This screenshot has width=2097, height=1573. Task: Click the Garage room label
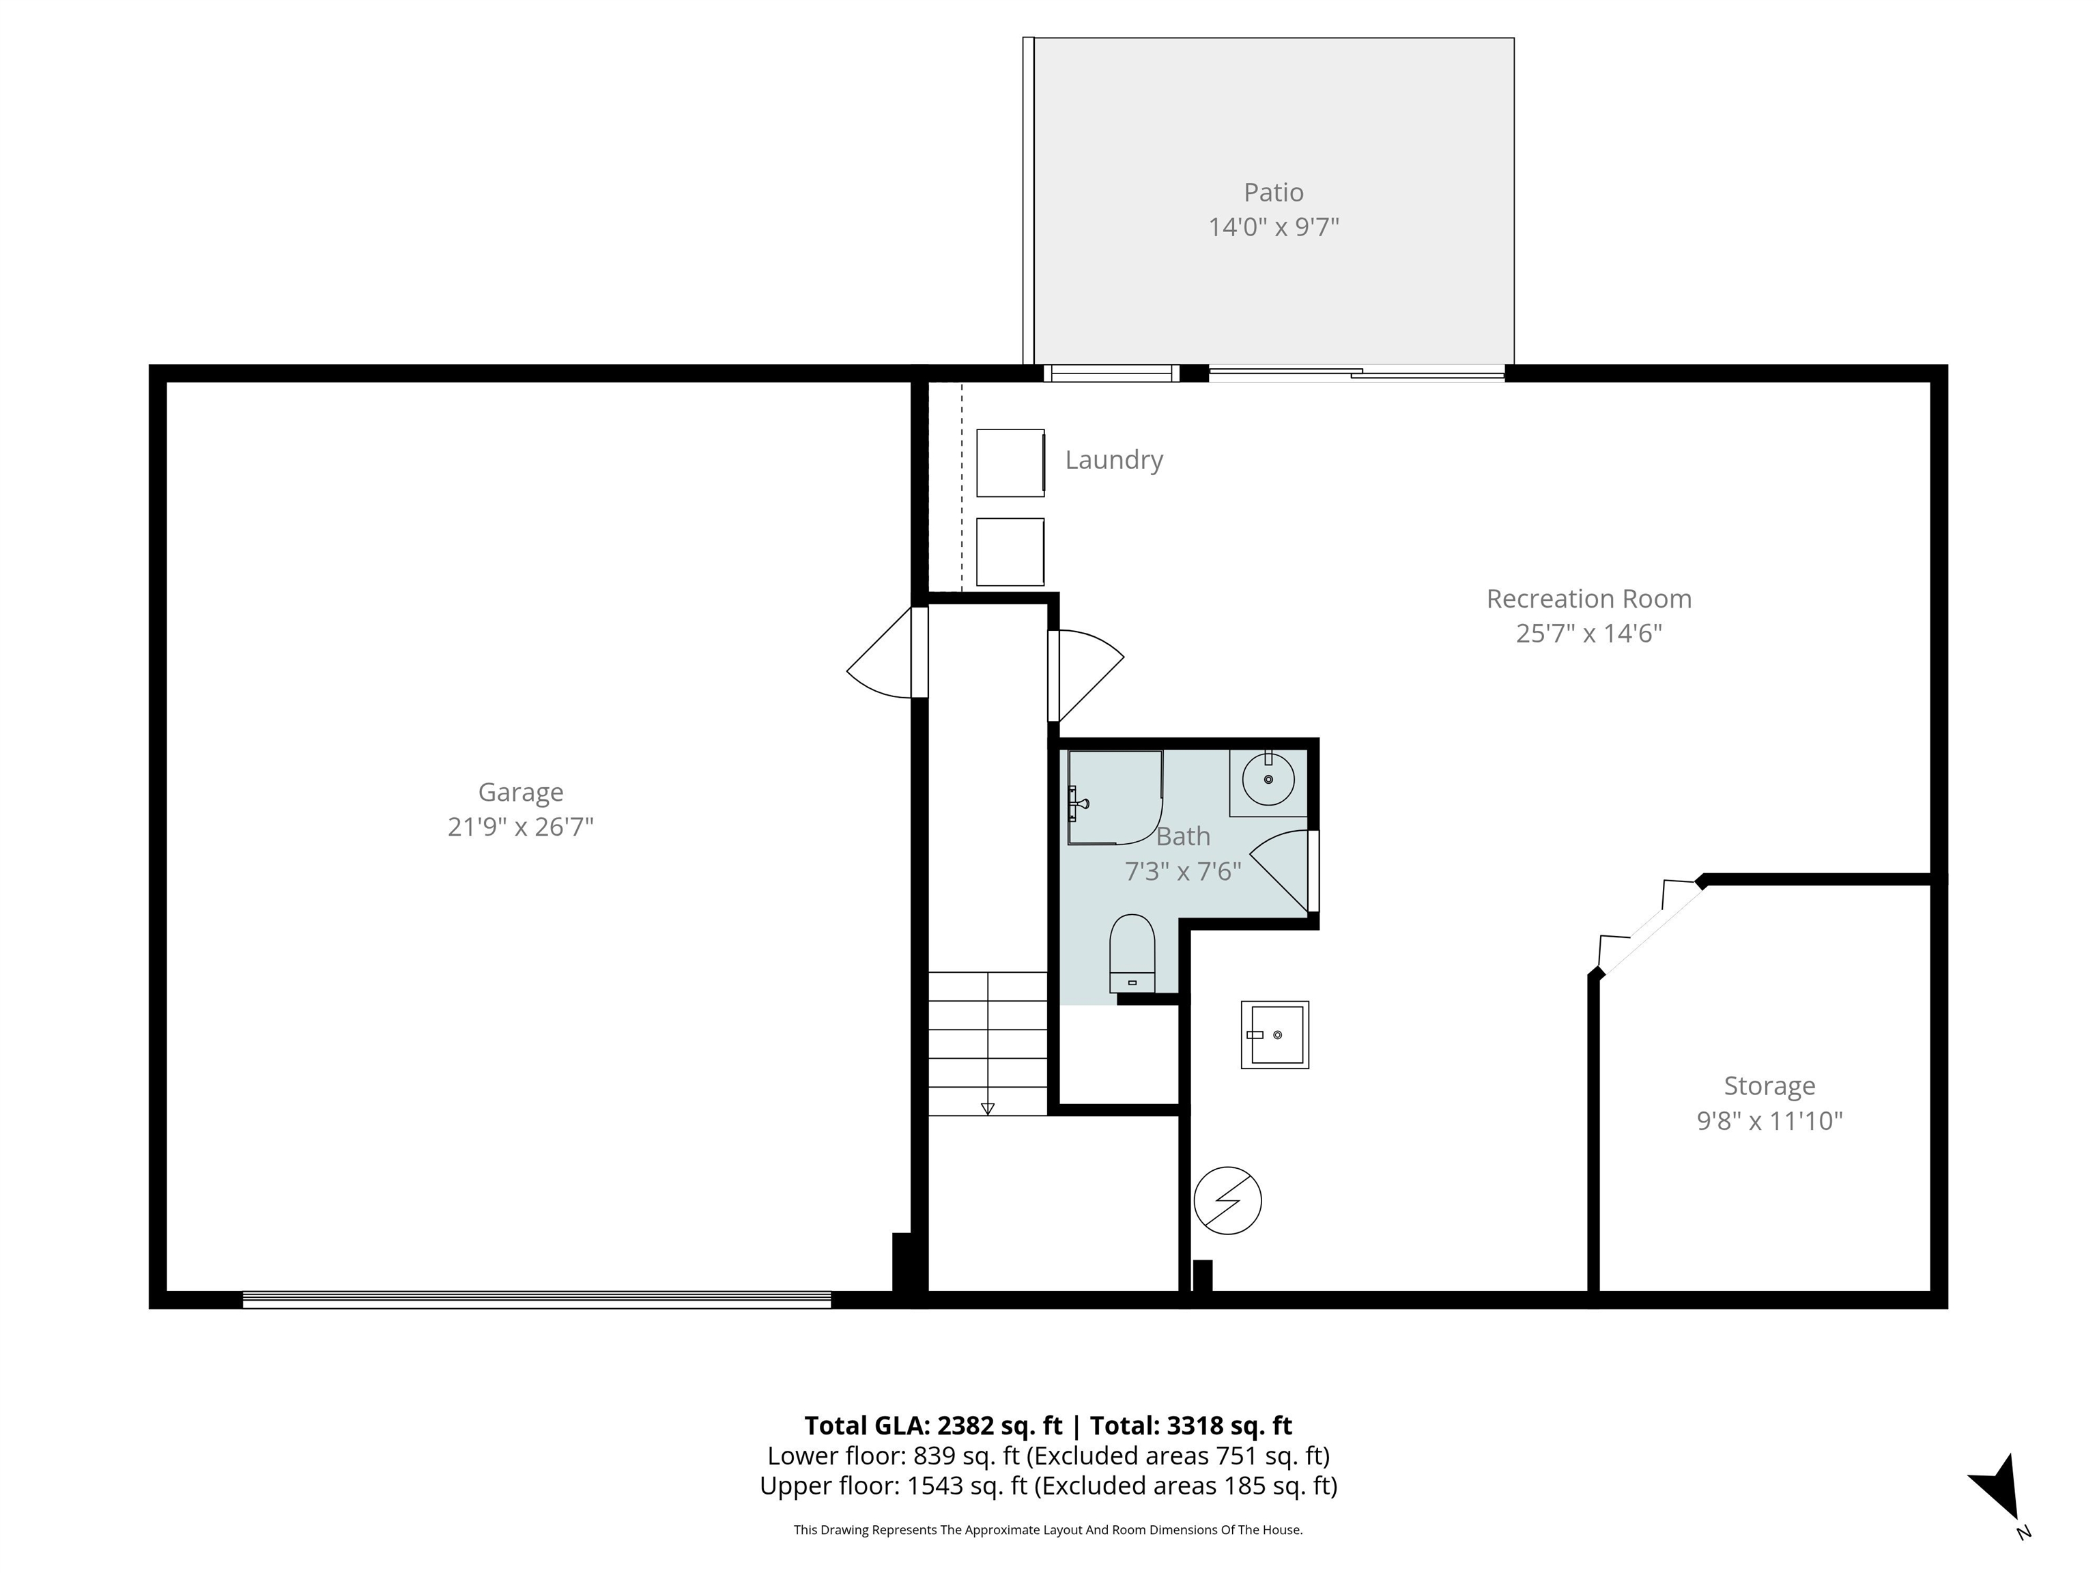tap(520, 792)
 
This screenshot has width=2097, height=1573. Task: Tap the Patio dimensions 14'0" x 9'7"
tap(1273, 227)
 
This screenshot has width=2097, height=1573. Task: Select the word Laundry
tap(1114, 460)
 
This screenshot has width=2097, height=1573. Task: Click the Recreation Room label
tap(1589, 599)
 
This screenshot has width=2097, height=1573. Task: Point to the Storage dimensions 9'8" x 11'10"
tap(1769, 1121)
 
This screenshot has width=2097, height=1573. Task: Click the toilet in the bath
tap(1132, 952)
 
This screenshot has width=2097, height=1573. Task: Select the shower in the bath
tap(1115, 797)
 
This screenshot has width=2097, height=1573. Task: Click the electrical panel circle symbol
tap(1227, 1200)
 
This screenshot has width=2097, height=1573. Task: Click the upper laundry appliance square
tap(1010, 463)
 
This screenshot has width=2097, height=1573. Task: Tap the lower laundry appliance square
tap(1010, 552)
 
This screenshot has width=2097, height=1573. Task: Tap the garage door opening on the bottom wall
tap(537, 1300)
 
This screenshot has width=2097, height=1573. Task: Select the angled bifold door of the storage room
tap(1649, 927)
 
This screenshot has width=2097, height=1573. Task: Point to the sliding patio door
tap(1356, 373)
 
